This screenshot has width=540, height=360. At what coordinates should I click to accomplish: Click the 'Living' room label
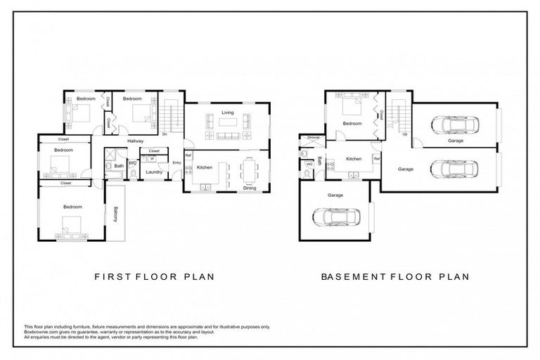(x=227, y=112)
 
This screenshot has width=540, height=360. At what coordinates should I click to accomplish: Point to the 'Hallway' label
(x=136, y=141)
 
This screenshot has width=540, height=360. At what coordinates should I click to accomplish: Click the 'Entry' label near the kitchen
(x=176, y=163)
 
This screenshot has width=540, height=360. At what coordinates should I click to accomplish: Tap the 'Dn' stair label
(x=165, y=134)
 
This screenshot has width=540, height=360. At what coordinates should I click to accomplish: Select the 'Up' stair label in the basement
(x=405, y=134)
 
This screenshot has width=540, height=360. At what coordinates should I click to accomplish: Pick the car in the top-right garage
(x=454, y=125)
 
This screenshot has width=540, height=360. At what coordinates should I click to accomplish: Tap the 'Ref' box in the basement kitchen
(x=377, y=160)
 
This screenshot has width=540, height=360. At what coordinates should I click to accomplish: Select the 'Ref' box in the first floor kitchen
(x=188, y=155)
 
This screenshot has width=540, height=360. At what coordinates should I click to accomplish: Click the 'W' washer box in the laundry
(x=152, y=159)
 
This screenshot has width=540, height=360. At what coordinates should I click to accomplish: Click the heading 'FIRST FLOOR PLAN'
(x=155, y=276)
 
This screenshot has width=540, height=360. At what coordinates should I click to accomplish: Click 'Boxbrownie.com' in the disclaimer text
(x=41, y=333)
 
